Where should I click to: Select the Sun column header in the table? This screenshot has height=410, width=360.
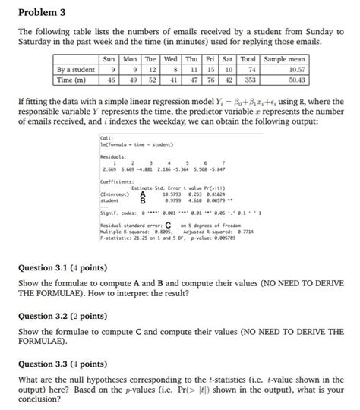[x=110, y=58]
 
